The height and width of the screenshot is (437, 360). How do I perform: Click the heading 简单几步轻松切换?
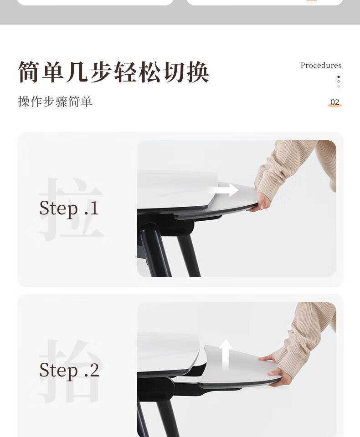[113, 72]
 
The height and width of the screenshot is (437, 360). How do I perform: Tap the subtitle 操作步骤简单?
[55, 102]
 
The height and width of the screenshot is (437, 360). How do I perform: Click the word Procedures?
[321, 66]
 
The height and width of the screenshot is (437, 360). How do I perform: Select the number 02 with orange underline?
[335, 102]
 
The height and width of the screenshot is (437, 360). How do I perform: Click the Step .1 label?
[69, 208]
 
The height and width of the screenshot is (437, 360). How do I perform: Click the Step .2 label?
[69, 370]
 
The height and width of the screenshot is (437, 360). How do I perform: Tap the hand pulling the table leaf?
[262, 200]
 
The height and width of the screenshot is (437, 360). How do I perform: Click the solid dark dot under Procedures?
[339, 77]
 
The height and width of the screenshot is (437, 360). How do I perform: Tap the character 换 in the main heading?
[198, 72]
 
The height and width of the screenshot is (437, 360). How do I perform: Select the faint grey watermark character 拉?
[71, 209]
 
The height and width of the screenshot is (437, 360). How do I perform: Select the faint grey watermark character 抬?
[70, 371]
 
